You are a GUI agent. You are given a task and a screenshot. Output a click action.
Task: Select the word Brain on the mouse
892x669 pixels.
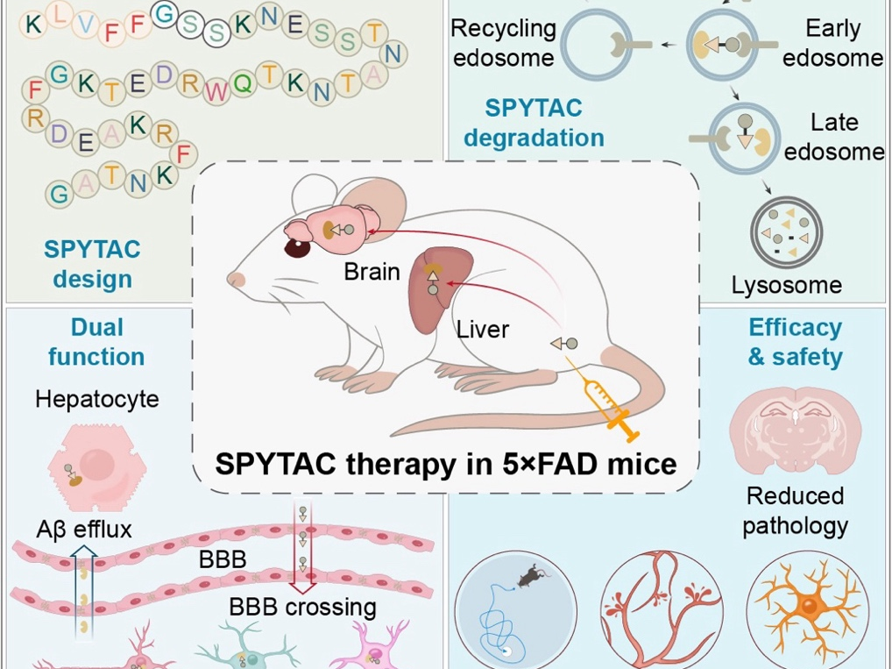tap(372, 272)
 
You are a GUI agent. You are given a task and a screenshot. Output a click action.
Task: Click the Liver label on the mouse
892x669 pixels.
tap(482, 331)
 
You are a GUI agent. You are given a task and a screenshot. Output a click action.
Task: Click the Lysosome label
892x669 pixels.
tap(786, 285)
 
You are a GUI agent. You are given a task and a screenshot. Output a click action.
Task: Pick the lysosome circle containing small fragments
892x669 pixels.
tap(786, 235)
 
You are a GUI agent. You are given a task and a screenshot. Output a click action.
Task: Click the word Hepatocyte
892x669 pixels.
tap(97, 400)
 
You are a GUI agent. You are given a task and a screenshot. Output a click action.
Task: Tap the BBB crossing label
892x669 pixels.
tap(302, 607)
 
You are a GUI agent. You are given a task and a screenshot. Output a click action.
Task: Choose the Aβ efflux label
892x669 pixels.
tap(84, 530)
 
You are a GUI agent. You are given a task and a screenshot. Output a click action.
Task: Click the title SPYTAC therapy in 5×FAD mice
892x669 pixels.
tap(445, 463)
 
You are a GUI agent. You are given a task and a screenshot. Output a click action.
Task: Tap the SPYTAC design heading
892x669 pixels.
tap(92, 264)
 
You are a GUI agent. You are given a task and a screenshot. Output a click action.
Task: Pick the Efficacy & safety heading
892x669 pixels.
tap(795, 342)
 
